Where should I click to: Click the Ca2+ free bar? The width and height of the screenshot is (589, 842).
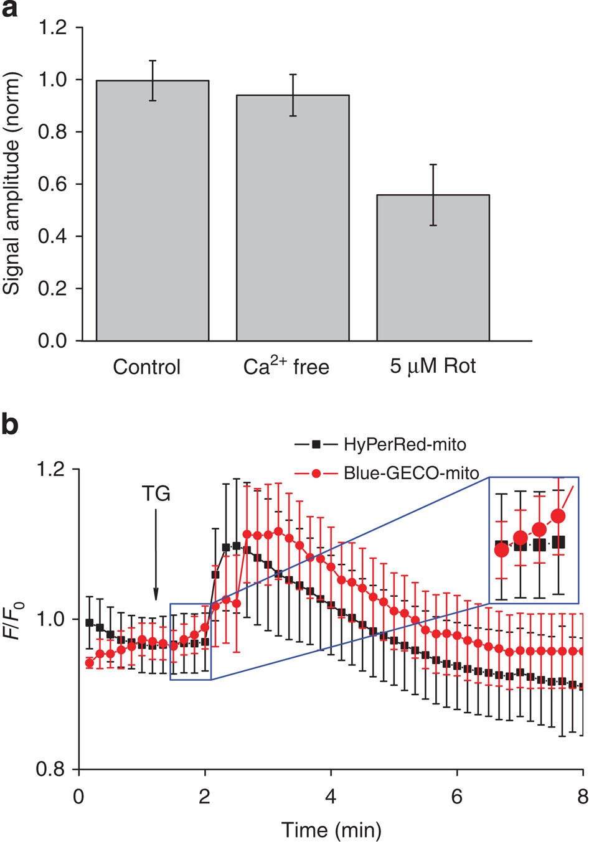pos(293,218)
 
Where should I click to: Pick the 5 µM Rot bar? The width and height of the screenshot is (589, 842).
pos(433,268)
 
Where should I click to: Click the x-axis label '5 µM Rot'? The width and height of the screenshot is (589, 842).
pos(433,366)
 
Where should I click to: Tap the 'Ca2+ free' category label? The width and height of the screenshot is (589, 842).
pos(286,366)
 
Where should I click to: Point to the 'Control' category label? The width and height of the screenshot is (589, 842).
pos(146,367)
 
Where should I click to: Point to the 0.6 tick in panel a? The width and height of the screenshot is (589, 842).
pos(52,184)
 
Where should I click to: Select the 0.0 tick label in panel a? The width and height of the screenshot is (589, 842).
pos(52,341)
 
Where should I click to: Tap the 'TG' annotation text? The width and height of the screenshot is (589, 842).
pos(156,494)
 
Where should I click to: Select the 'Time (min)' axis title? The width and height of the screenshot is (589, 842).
pos(331,829)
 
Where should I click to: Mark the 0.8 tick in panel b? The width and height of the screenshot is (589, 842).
pos(52,770)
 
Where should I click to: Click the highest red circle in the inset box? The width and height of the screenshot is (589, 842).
pos(558,516)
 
